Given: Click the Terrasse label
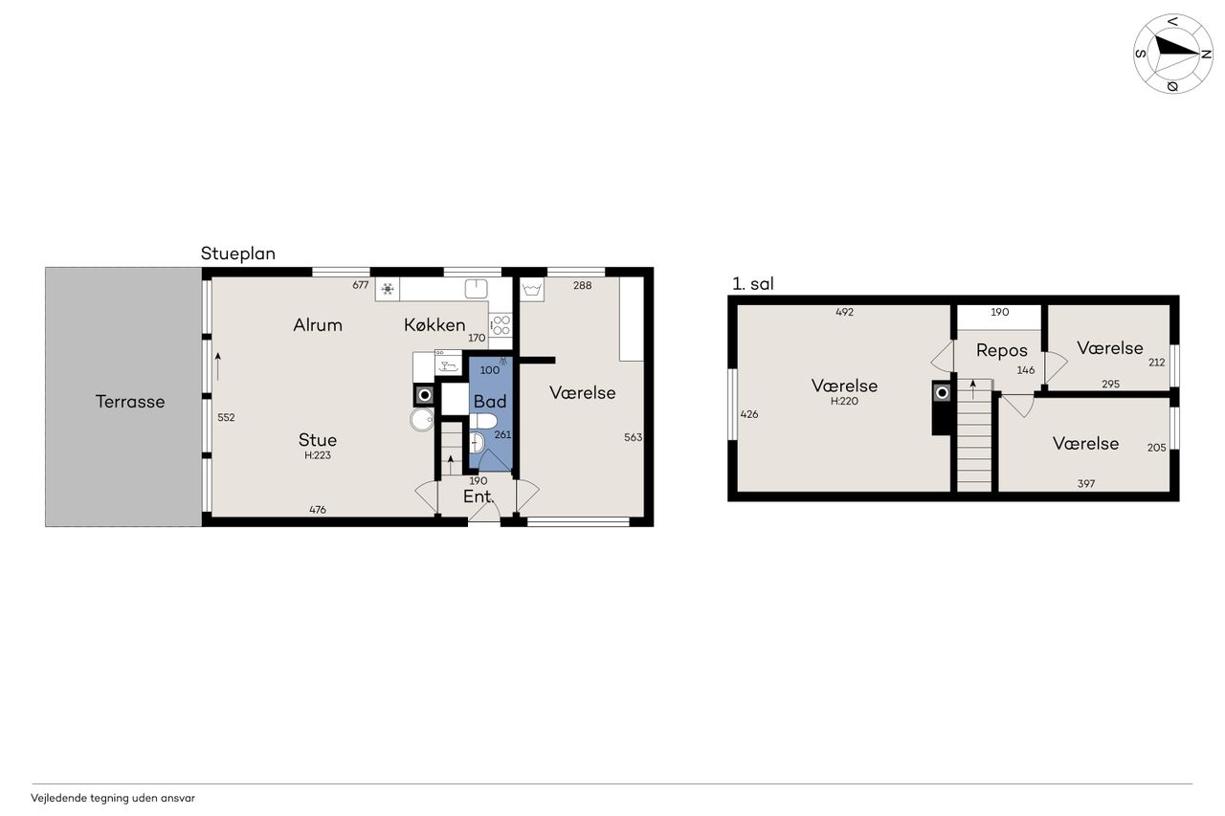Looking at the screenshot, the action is tap(130, 402).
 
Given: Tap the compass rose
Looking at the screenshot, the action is tap(1172, 54).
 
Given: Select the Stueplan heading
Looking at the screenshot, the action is tap(238, 254).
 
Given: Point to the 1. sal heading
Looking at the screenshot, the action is tap(753, 284).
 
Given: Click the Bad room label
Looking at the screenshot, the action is tap(490, 402).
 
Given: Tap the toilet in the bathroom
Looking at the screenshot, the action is tap(483, 421).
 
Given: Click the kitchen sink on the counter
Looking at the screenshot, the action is tap(476, 288).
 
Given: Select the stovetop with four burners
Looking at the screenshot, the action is tap(501, 325).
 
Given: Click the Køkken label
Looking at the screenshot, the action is tap(434, 325).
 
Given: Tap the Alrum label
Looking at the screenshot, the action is tap(318, 325).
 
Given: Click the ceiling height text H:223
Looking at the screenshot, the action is tap(318, 455).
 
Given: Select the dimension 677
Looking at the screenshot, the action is tap(361, 285).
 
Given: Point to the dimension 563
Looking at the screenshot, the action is tap(633, 437).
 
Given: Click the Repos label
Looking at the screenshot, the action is tap(1002, 350).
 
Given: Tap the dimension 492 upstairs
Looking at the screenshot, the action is tap(844, 312).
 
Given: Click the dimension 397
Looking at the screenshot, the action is tap(1086, 484).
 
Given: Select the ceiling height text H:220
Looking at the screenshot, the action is tap(844, 401).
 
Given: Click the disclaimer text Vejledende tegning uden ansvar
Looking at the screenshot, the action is tap(113, 798).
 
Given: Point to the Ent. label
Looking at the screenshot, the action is tap(479, 496).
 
